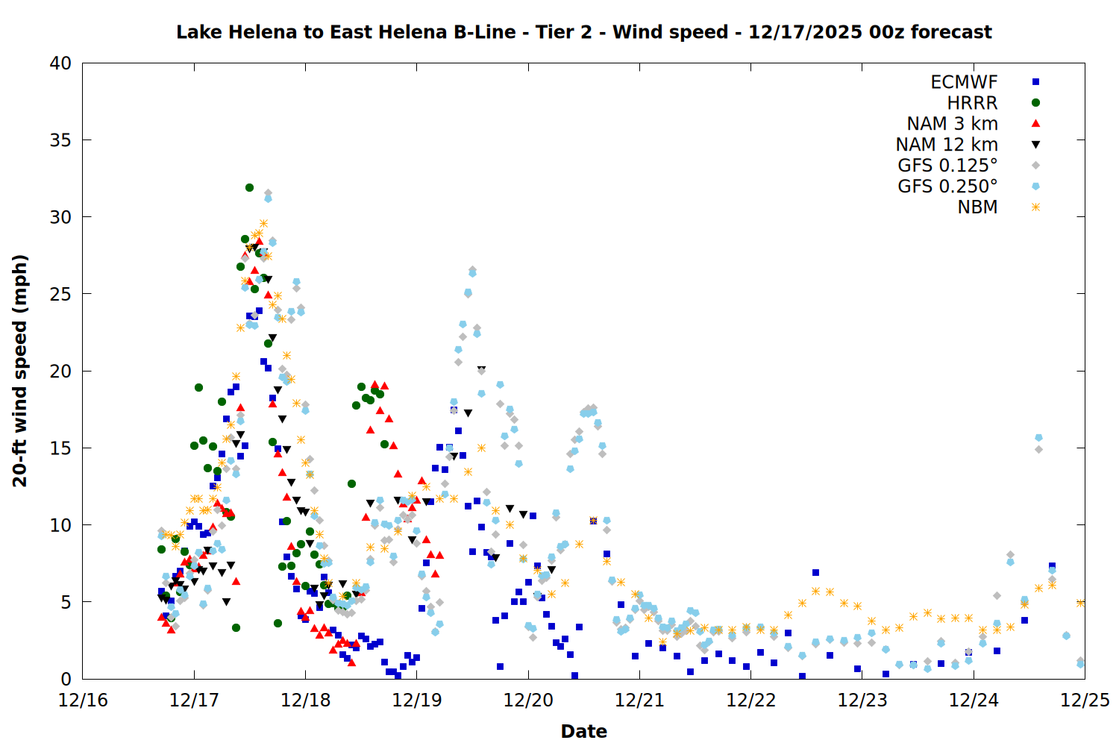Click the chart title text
click(x=583, y=32)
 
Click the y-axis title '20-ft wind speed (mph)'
click(x=20, y=371)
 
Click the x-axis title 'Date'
click(x=583, y=731)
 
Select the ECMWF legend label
click(x=964, y=82)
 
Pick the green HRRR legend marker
click(x=1035, y=103)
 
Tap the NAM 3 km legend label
click(x=952, y=124)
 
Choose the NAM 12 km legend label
click(x=947, y=145)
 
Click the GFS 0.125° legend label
click(x=947, y=166)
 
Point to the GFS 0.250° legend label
click(x=947, y=186)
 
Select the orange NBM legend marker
click(x=1035, y=207)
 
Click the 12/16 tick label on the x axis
click(x=83, y=700)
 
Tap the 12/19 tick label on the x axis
click(x=416, y=700)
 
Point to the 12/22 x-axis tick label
click(x=750, y=700)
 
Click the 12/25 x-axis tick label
click(x=1085, y=700)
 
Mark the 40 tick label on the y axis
click(x=60, y=63)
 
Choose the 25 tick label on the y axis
click(x=60, y=294)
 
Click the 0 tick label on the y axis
click(x=66, y=679)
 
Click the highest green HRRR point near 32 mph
click(x=249, y=187)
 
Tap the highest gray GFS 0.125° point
click(x=268, y=193)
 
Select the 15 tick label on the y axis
click(x=60, y=448)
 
